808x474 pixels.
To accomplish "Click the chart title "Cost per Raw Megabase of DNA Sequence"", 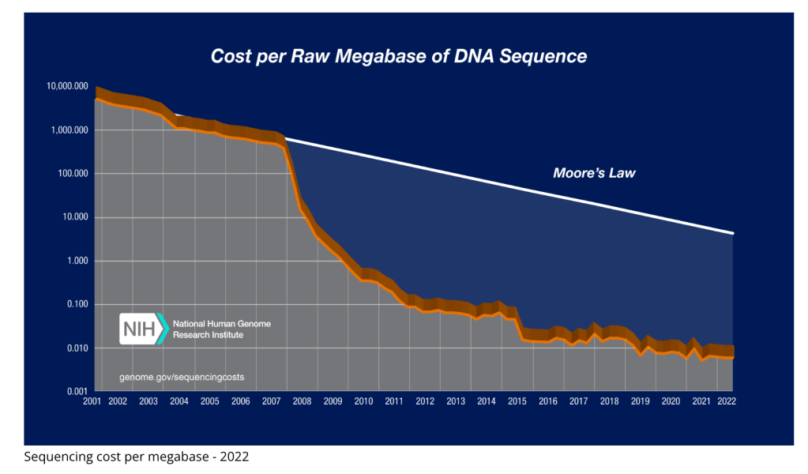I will pyautogui.click(x=398, y=57).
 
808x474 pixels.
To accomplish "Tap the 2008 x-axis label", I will pyautogui.click(x=301, y=402).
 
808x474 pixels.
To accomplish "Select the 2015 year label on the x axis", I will pyautogui.click(x=517, y=402).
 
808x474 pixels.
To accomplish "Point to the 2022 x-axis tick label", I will pyautogui.click(x=726, y=402).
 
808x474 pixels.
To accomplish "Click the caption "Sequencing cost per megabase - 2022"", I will pyautogui.click(x=137, y=457).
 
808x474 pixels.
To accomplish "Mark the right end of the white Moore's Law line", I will pyautogui.click(x=733, y=233).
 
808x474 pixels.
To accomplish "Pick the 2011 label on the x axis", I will pyautogui.click(x=393, y=402).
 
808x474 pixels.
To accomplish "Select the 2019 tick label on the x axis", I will pyautogui.click(x=640, y=402).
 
